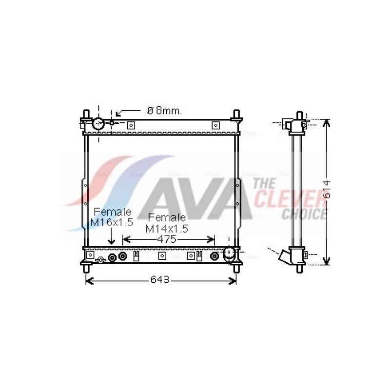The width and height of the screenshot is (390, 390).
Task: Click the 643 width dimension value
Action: point(160,280)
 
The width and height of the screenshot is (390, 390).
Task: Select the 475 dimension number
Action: point(167,239)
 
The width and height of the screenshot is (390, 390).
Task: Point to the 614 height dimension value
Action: point(326,190)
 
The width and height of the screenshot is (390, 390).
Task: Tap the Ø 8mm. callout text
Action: point(164,111)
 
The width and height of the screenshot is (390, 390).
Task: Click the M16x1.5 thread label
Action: point(112,223)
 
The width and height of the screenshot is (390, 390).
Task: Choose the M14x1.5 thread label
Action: point(167,229)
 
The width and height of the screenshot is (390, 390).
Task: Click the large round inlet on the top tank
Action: point(98,124)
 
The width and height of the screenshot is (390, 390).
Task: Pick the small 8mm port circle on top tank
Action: point(112,123)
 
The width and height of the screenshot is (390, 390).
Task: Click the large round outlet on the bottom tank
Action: point(229,253)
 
